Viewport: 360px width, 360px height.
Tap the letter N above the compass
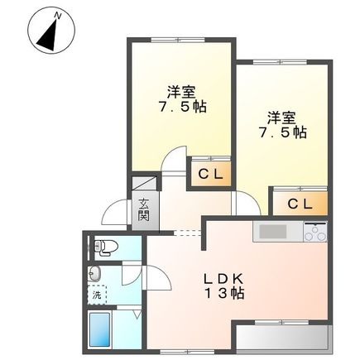click(56, 15)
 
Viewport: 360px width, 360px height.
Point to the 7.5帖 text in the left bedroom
click(183, 107)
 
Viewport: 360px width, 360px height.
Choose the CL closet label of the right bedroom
click(300, 204)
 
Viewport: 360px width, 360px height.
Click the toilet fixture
click(104, 246)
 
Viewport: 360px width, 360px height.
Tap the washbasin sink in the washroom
click(95, 274)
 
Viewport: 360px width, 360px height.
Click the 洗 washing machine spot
click(97, 295)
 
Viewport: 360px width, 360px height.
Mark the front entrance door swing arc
click(113, 216)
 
